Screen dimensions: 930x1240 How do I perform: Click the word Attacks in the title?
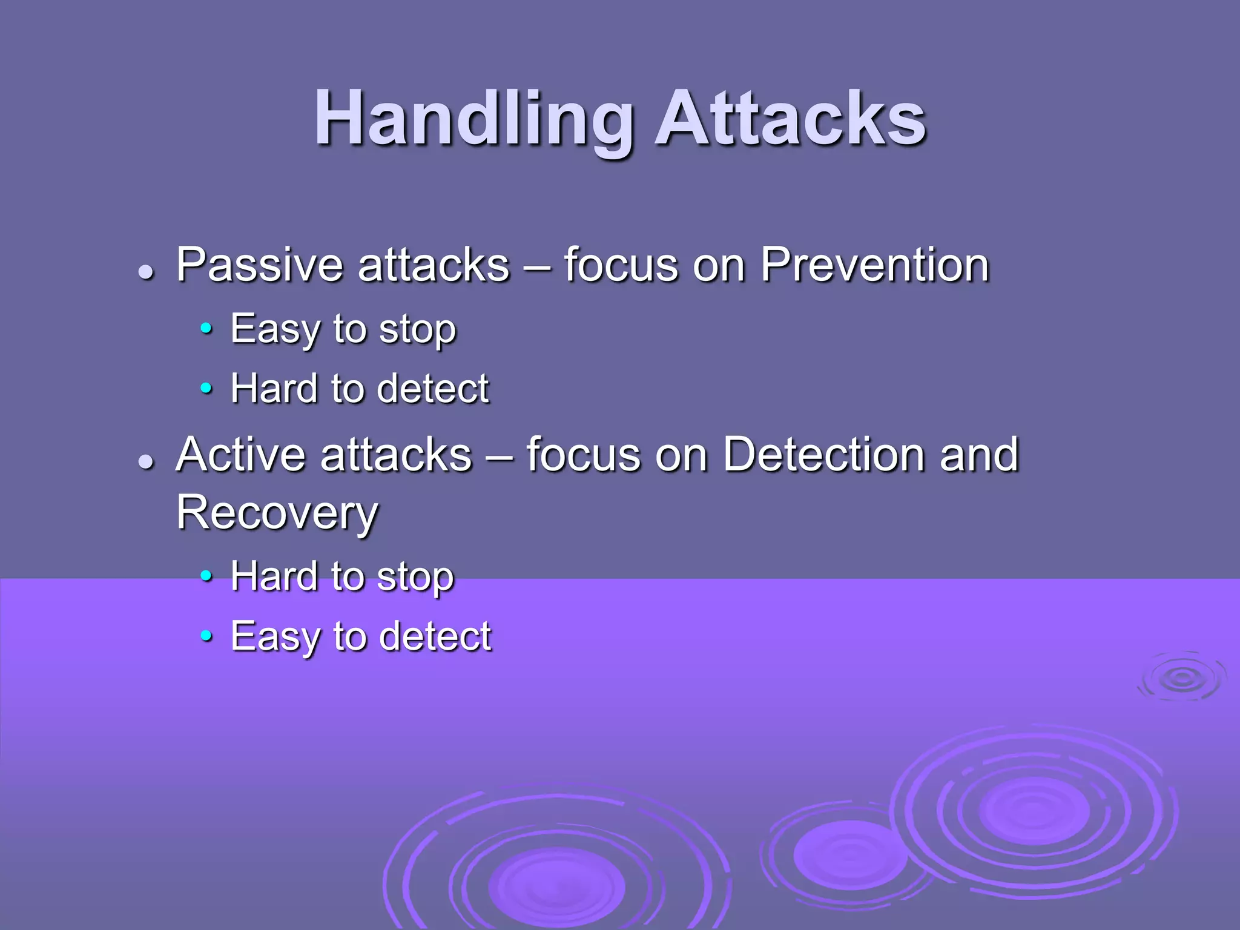click(790, 120)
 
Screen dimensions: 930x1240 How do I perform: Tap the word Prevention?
click(874, 265)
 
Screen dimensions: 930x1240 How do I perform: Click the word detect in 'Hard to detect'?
click(432, 389)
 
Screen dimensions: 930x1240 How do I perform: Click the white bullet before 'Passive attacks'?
click(145, 272)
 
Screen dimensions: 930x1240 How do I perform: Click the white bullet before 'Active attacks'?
click(145, 462)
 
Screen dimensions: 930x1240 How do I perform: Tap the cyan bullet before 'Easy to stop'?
click(206, 329)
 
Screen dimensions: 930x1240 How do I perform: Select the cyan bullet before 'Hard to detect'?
click(206, 387)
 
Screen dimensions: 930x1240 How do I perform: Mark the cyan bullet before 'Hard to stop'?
click(206, 576)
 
